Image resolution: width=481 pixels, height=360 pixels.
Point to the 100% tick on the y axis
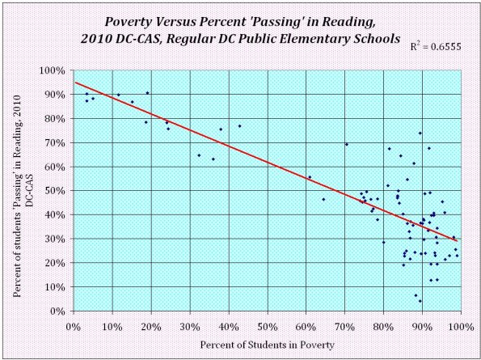pyautogui.click(x=53, y=70)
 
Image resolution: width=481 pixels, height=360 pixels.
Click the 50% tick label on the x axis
pyautogui.click(x=267, y=326)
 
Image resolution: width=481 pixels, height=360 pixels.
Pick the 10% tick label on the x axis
pyautogui.click(x=112, y=326)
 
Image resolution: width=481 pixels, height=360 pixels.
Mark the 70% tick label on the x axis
pyautogui.click(x=344, y=326)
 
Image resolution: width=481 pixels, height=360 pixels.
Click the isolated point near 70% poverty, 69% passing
pyautogui.click(x=346, y=145)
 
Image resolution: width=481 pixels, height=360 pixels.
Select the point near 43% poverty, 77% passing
pyautogui.click(x=239, y=125)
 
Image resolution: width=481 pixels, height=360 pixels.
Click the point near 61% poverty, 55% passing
pyautogui.click(x=309, y=177)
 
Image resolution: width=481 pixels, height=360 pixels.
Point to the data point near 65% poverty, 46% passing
pyautogui.click(x=323, y=199)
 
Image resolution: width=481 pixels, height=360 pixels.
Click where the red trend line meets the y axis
pyautogui.click(x=74, y=83)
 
